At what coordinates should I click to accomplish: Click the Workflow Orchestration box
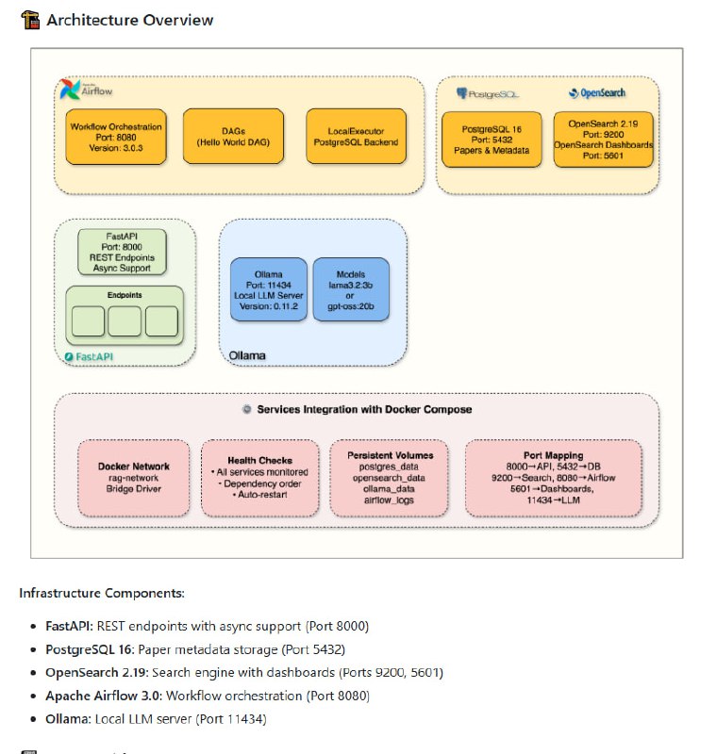coord(116,136)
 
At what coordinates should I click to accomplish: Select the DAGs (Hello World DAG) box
coord(233,136)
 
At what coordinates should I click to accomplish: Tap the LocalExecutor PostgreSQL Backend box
coord(353,136)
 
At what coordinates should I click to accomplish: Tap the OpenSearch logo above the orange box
coord(596,93)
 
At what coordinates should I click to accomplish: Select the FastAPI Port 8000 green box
coord(123,251)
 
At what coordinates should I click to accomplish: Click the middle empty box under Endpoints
coord(124,321)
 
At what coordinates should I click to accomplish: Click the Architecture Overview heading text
coord(129,20)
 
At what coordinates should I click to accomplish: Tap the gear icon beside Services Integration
coord(247,410)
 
